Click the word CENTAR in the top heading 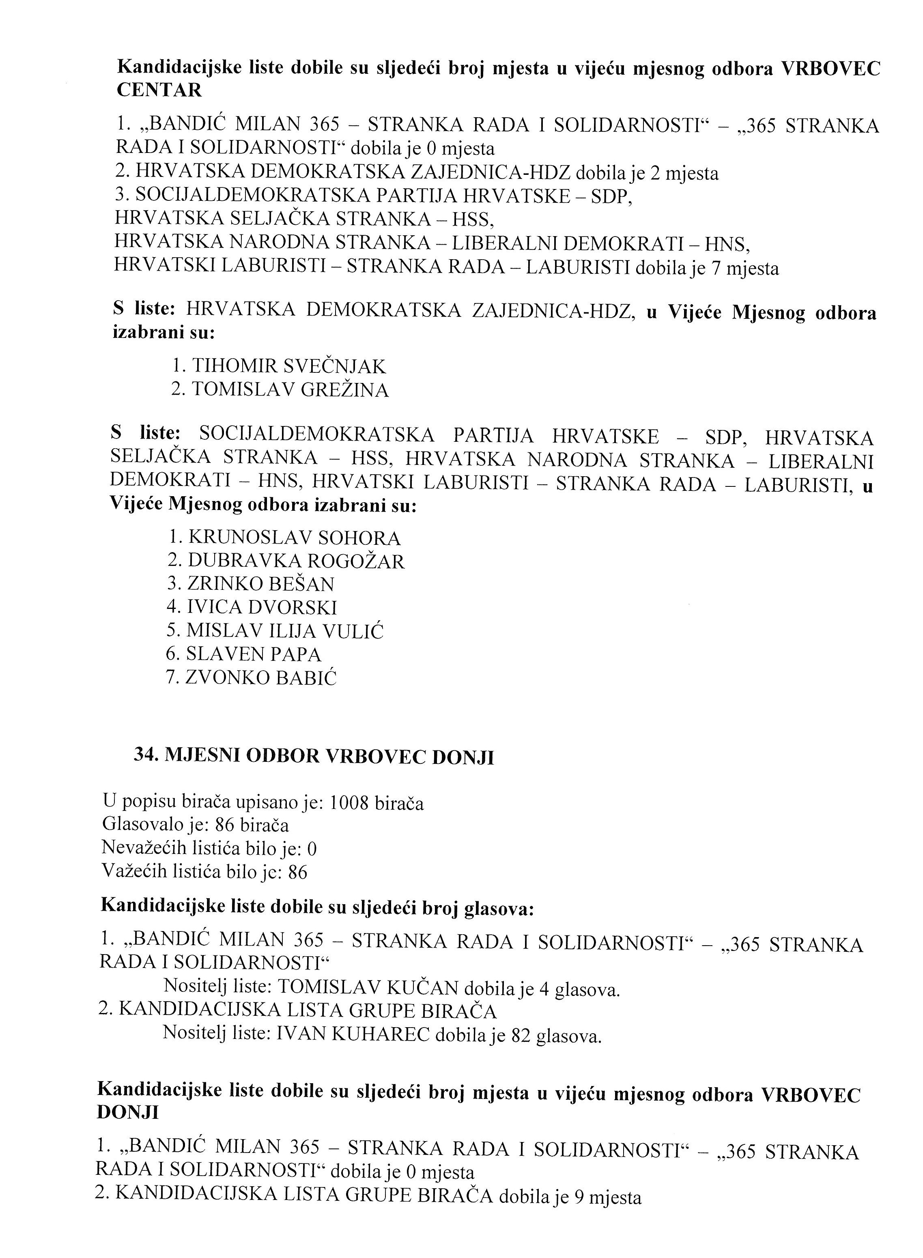coord(159,90)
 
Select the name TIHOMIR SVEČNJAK coord(288,366)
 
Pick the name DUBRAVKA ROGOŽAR coord(295,561)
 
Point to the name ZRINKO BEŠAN coord(260,584)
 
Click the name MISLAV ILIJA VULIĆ coord(285,631)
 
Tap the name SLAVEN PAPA coord(254,654)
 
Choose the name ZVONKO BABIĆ coord(261,677)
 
